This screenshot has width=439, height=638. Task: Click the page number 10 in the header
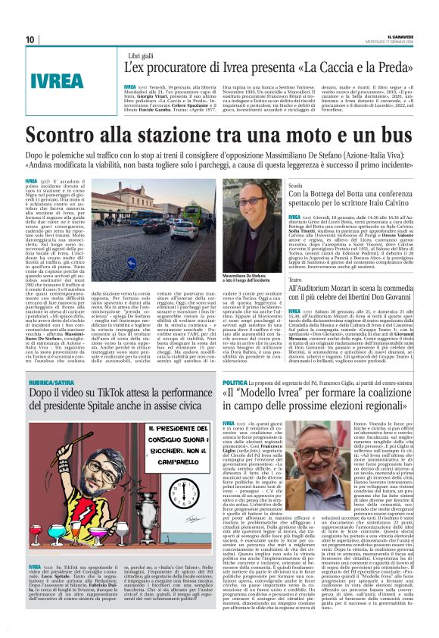coord(30,39)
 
